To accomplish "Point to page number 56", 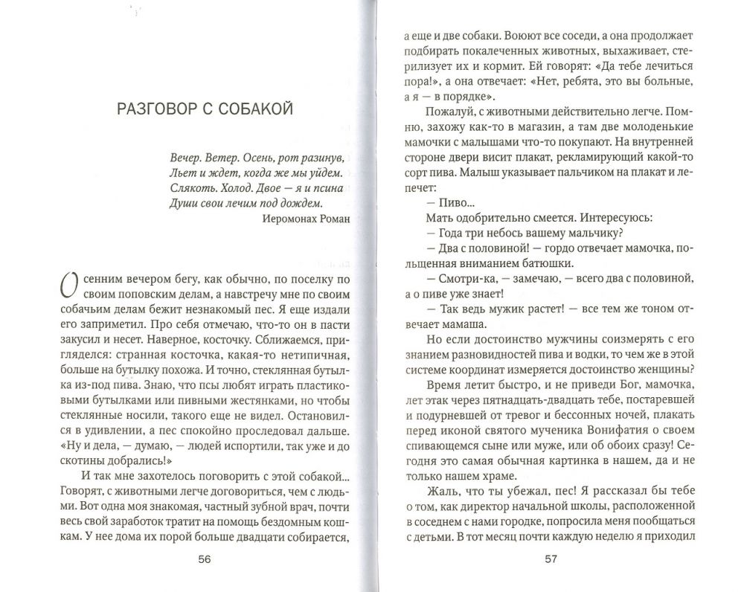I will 205,560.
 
